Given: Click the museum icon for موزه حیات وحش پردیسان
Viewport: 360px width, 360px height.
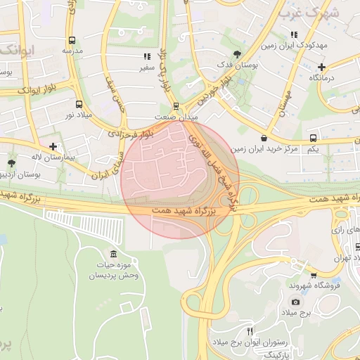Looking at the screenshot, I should (x=114, y=253).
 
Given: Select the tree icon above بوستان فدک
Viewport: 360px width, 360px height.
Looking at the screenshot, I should (x=237, y=53).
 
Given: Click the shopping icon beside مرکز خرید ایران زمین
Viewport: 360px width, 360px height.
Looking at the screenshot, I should (x=264, y=138).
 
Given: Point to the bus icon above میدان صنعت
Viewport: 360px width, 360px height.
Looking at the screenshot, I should (x=176, y=107).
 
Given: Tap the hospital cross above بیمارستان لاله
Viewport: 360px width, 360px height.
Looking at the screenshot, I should (x=53, y=146).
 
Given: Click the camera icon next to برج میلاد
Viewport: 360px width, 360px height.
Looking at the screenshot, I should (x=295, y=302).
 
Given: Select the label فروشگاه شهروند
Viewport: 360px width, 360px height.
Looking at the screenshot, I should (x=314, y=285).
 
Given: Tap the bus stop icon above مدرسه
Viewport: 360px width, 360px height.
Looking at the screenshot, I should (x=72, y=41).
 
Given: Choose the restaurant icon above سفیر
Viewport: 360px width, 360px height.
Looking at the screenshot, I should (x=146, y=56).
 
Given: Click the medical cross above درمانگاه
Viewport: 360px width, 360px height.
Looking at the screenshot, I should (x=321, y=67).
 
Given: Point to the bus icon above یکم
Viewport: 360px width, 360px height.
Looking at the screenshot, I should (x=314, y=138).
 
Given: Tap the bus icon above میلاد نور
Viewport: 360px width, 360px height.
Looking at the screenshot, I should (x=70, y=101).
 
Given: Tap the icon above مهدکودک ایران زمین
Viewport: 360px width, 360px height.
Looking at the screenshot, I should (x=294, y=34).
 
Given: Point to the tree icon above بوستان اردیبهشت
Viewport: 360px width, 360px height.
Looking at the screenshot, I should (x=12, y=162).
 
